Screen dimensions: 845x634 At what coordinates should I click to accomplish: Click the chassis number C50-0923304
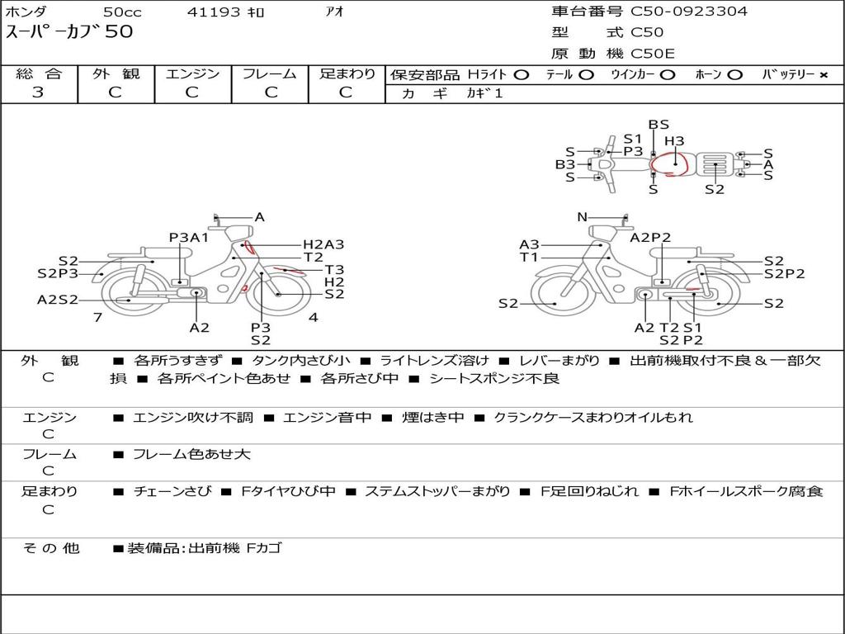689,11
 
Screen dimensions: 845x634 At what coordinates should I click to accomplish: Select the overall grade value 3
38,92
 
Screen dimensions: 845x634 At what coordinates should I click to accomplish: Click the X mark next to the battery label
824,75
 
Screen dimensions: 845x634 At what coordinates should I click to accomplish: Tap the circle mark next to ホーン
735,75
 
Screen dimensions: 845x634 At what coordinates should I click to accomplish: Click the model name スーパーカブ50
69,31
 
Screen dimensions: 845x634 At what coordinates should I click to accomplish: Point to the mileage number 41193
214,12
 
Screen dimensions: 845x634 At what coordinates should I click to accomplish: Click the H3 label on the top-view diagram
674,140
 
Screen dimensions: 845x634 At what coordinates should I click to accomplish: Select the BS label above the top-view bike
659,125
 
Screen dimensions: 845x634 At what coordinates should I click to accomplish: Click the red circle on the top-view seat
668,164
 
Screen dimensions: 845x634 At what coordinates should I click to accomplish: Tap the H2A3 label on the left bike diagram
323,244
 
